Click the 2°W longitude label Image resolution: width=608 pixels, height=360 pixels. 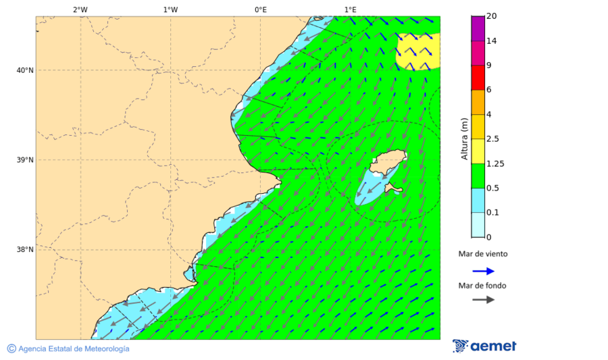coord(80,9)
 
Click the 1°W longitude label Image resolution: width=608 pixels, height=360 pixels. coord(170,9)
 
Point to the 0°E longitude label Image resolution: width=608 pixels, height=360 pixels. coord(260,9)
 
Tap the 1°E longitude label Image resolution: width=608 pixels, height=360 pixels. coord(350,9)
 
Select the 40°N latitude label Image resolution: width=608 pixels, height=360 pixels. coord(25,70)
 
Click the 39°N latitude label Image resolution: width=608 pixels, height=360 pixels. coord(25,160)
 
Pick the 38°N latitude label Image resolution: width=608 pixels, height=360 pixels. coord(25,250)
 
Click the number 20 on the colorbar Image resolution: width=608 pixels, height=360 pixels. coord(491,16)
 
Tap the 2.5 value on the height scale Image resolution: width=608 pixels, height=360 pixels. coord(492,139)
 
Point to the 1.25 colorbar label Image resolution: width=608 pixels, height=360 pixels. coord(495,163)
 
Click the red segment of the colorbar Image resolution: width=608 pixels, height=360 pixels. coord(478,77)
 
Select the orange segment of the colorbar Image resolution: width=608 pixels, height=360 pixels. coord(478,102)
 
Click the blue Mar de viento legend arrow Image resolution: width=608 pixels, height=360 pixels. coord(483,272)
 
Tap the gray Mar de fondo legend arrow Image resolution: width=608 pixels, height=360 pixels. coord(483,300)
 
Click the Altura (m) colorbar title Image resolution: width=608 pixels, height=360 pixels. coord(464,138)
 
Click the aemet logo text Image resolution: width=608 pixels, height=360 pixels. coord(492,346)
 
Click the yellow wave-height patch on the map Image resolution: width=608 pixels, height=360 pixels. coord(417,51)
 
